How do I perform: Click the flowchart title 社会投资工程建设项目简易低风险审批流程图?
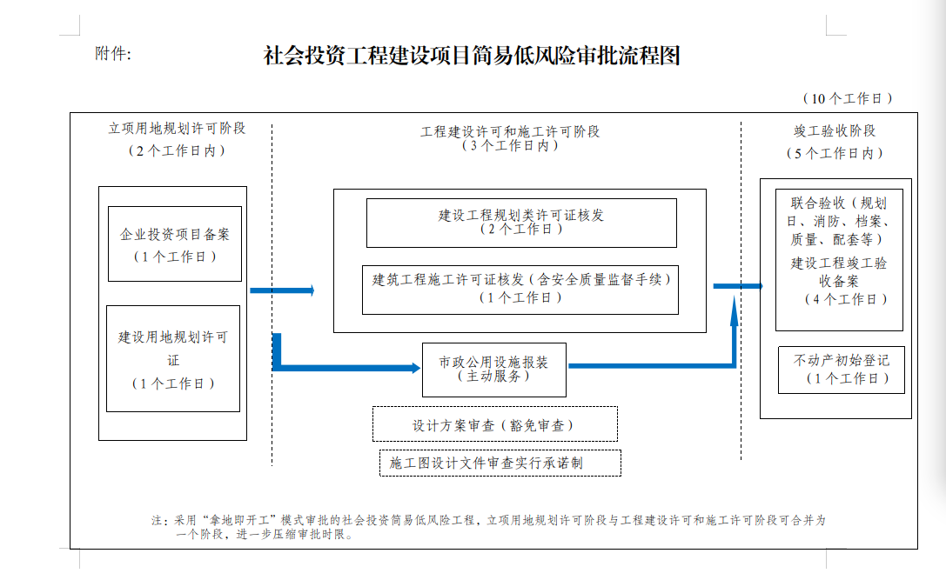pyautogui.click(x=472, y=56)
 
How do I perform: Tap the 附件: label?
pyautogui.click(x=113, y=54)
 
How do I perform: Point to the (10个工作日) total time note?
pyautogui.click(x=848, y=98)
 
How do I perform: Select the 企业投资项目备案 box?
pyautogui.click(x=175, y=244)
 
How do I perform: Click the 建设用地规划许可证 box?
pyautogui.click(x=173, y=359)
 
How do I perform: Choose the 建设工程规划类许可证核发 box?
pyautogui.click(x=521, y=223)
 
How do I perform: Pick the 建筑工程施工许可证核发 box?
pyautogui.click(x=520, y=290)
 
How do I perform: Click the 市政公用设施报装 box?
pyautogui.click(x=494, y=370)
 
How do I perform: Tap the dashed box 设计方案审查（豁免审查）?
pyautogui.click(x=494, y=423)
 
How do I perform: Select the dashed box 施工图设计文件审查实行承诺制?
pyautogui.click(x=500, y=463)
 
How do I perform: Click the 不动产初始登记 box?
pyautogui.click(x=842, y=370)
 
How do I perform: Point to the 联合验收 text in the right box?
pyautogui.click(x=818, y=203)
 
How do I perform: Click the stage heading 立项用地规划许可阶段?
pyautogui.click(x=177, y=129)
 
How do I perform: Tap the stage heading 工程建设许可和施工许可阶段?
pyautogui.click(x=510, y=131)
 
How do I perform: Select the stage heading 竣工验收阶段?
pyautogui.click(x=835, y=130)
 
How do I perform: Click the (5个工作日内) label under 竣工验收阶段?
pyautogui.click(x=835, y=153)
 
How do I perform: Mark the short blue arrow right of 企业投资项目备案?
pyautogui.click(x=282, y=290)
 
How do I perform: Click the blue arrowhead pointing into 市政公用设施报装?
pyautogui.click(x=416, y=368)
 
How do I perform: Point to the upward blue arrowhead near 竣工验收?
pyautogui.click(x=735, y=310)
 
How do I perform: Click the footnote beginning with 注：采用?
pyautogui.click(x=489, y=527)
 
